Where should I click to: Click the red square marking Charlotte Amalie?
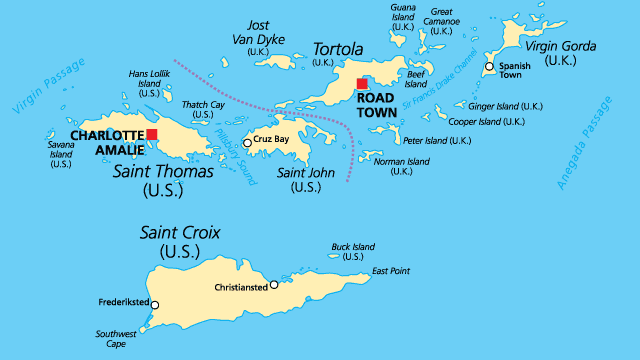click(152, 134)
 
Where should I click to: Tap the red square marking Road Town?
click(362, 84)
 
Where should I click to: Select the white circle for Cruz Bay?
click(247, 143)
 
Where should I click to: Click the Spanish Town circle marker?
click(489, 67)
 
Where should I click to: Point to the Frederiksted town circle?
click(154, 306)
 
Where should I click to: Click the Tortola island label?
click(339, 48)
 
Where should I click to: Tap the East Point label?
click(391, 271)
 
